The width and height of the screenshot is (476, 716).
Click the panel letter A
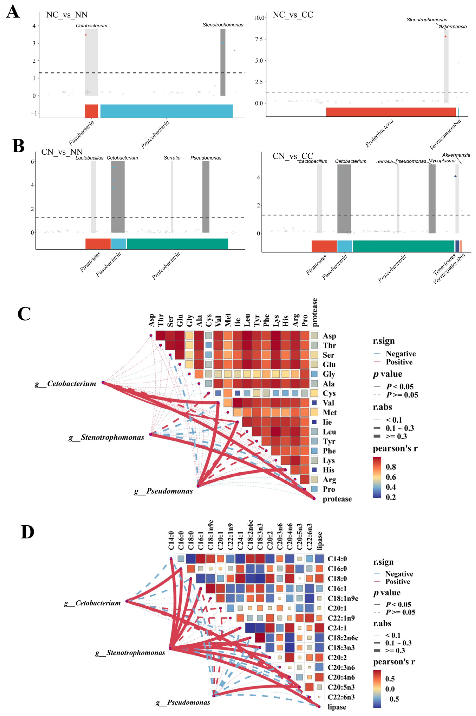coord(13,13)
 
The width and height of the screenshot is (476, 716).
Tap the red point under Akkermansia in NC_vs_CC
coord(445,36)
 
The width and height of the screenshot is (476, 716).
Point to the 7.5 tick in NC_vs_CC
coord(259,39)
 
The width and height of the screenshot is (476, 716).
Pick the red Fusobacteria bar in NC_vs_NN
coord(91,111)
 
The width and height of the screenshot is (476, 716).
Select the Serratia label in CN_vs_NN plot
coord(172,158)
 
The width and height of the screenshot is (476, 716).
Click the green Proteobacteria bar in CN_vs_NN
coord(177,244)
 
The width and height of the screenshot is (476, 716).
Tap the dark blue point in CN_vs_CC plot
coord(455,176)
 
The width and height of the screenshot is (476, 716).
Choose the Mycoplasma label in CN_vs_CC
coord(442,161)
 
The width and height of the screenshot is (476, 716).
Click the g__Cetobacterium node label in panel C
coord(66,384)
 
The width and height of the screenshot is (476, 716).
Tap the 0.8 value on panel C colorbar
coord(391,467)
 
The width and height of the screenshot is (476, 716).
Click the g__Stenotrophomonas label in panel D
coord(130,653)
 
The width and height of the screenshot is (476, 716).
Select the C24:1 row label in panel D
coord(337,628)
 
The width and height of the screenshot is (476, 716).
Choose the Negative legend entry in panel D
coord(399,574)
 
